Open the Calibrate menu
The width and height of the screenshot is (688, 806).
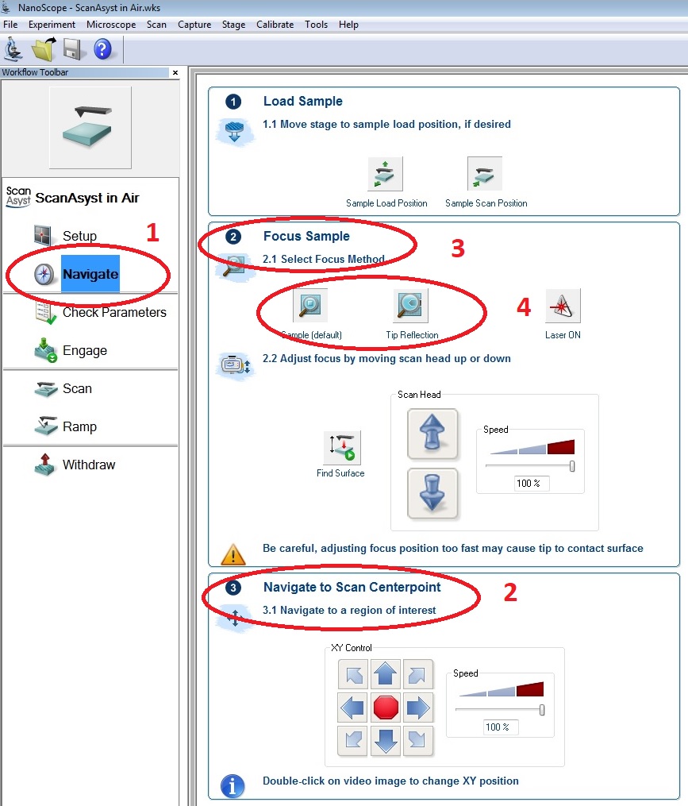pyautogui.click(x=275, y=24)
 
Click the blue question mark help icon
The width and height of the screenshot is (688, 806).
pyautogui.click(x=102, y=49)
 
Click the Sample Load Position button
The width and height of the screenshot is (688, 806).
pyautogui.click(x=386, y=174)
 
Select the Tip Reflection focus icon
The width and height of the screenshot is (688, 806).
pyautogui.click(x=410, y=306)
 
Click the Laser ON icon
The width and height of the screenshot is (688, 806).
pyautogui.click(x=563, y=306)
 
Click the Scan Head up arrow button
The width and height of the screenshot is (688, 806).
pyautogui.click(x=432, y=434)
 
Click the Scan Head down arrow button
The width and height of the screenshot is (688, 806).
pyautogui.click(x=432, y=493)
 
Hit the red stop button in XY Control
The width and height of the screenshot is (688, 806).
pyautogui.click(x=386, y=708)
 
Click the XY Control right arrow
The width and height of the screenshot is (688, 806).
pyautogui.click(x=417, y=708)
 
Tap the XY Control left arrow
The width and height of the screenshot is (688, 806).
pyautogui.click(x=353, y=708)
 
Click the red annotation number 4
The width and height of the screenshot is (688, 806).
pyautogui.click(x=524, y=307)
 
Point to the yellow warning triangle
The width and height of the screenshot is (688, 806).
pyautogui.click(x=233, y=554)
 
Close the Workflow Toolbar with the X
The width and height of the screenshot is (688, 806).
pyautogui.click(x=175, y=72)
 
